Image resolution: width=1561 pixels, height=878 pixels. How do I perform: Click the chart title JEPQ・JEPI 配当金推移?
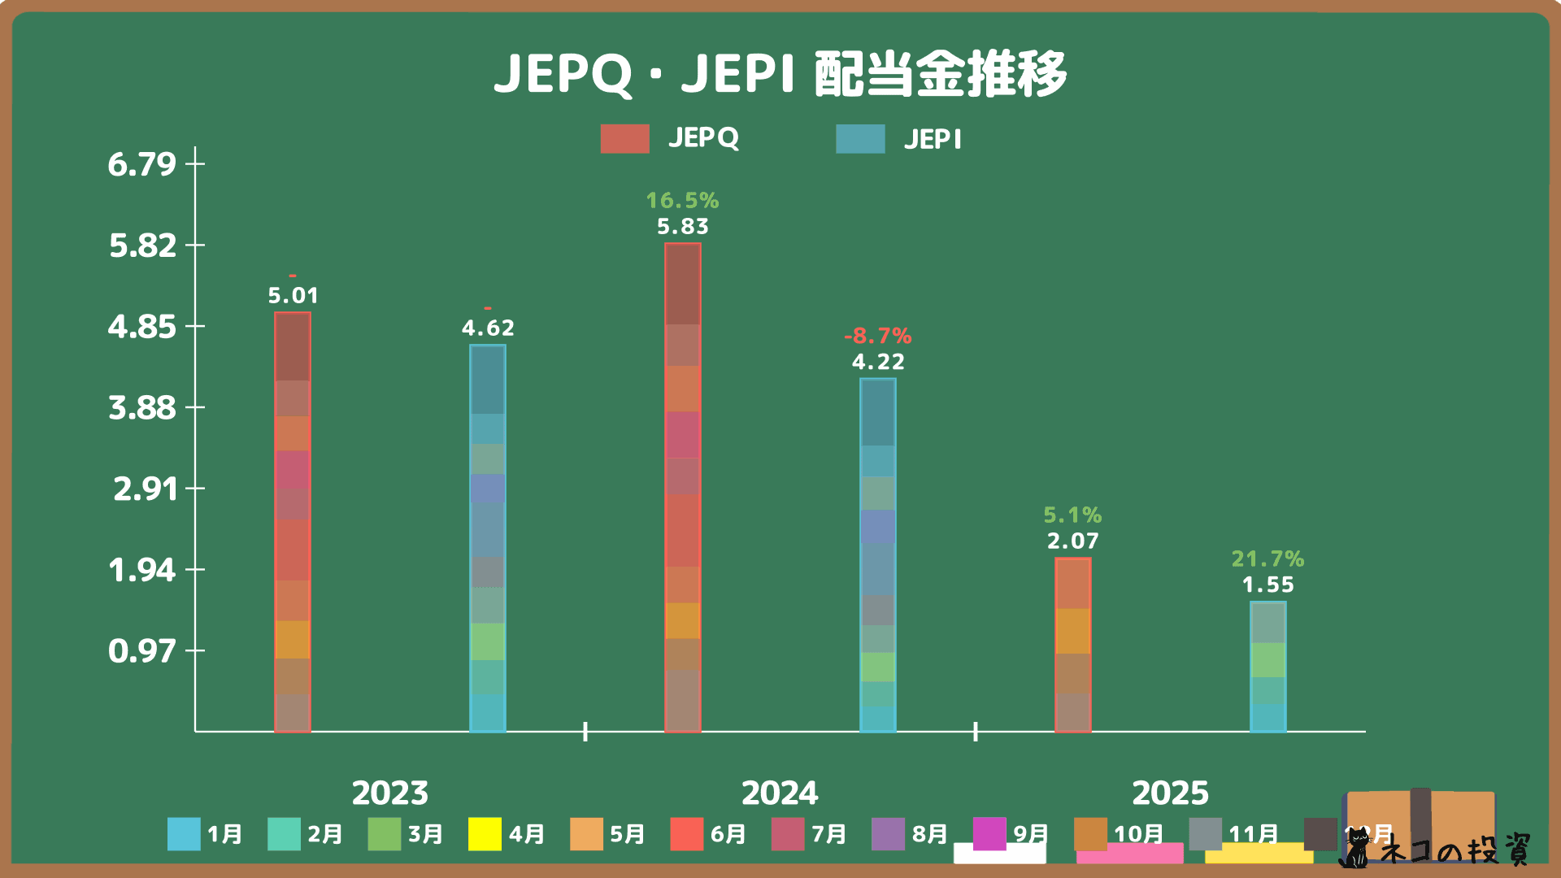pos(780,74)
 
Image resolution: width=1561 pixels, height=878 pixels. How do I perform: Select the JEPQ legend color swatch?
pos(624,139)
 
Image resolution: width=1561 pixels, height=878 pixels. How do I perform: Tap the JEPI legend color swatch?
pos(860,139)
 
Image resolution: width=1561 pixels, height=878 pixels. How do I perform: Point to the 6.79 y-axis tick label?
pos(142,164)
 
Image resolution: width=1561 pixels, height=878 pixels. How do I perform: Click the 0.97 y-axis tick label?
pos(142,651)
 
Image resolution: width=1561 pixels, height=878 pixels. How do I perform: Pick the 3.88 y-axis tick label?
pos(142,407)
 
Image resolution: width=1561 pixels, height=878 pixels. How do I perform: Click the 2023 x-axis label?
pos(390,793)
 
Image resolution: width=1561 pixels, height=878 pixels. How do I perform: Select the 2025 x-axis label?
pos(1170,793)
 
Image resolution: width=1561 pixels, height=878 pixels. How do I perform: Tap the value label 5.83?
pos(683,227)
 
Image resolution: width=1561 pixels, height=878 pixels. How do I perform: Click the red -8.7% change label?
pos(878,336)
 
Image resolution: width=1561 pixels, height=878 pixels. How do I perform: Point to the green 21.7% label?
pos(1267,559)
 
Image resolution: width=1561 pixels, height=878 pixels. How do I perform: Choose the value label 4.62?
pos(488,328)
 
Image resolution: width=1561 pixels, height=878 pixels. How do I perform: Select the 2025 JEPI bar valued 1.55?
pos(1267,667)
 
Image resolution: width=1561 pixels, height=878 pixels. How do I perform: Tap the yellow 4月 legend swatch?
pos(485,834)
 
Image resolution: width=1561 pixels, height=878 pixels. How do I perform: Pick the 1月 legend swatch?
pos(184,834)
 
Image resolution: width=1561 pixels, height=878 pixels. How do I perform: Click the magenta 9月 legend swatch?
pos(989,834)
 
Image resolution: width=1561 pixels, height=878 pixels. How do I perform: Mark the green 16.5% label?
pos(683,200)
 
